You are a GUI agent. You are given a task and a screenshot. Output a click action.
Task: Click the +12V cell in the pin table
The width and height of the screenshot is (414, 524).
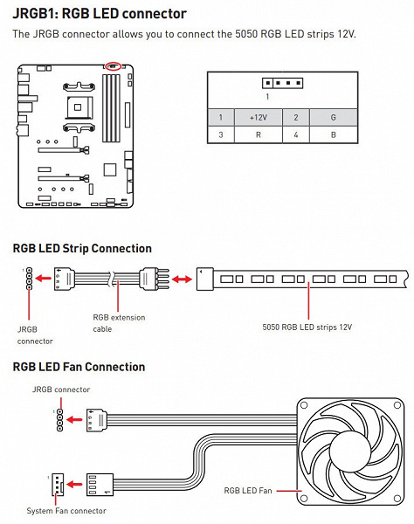click(259, 117)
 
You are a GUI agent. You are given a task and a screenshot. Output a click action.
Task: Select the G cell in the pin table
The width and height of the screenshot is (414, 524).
click(333, 117)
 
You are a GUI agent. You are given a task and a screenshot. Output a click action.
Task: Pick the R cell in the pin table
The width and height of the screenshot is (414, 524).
click(259, 134)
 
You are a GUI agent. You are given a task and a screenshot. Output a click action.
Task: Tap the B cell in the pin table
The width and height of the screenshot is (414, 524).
click(333, 134)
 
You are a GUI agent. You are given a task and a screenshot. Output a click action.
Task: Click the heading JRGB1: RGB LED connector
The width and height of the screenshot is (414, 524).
click(100, 14)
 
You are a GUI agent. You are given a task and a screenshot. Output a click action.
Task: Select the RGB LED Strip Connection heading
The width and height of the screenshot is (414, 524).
click(82, 248)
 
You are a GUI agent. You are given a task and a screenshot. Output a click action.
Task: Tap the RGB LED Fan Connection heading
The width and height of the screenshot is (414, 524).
click(79, 367)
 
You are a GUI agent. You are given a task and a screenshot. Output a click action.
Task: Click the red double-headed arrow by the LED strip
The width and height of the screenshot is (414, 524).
click(182, 279)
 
